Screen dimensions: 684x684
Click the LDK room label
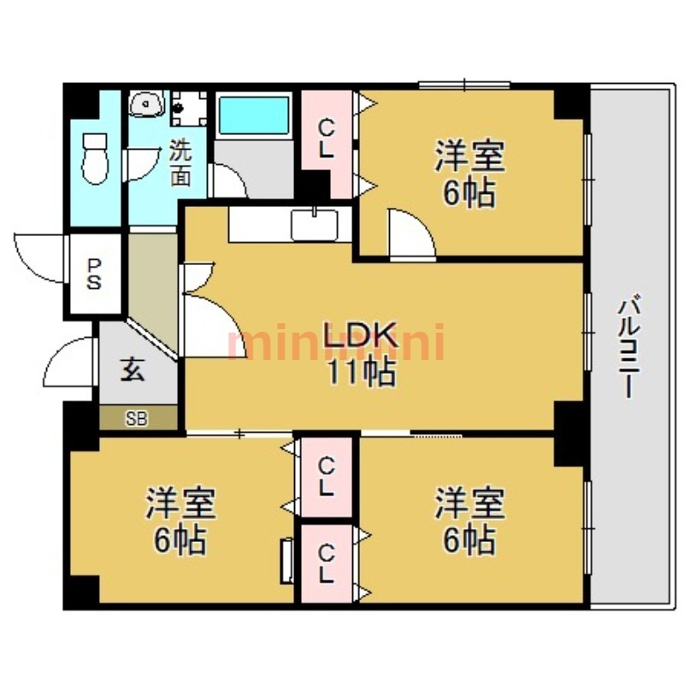pyautogui.click(x=361, y=335)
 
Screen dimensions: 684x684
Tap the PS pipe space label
pyautogui.click(x=94, y=274)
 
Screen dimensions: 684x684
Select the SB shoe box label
pyautogui.click(x=137, y=419)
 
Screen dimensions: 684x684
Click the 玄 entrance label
pyautogui.click(x=133, y=369)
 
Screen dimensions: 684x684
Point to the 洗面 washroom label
pyautogui.click(x=180, y=162)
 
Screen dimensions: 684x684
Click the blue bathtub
pyautogui.click(x=254, y=115)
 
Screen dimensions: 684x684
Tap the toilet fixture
pyautogui.click(x=95, y=158)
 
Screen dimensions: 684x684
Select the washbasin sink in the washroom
pyautogui.click(x=146, y=104)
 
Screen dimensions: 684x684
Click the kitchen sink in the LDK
pyautogui.click(x=315, y=224)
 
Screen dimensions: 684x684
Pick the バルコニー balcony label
pyautogui.click(x=629, y=347)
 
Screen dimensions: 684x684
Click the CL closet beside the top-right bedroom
pyautogui.click(x=327, y=139)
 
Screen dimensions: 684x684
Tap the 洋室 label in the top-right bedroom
pyautogui.click(x=469, y=156)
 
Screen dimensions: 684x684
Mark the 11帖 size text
pyautogui.click(x=362, y=372)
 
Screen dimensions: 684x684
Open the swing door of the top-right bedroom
pyautogui.click(x=413, y=234)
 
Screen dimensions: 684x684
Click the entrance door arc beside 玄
pyautogui.click(x=69, y=361)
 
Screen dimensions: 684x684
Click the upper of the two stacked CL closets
pyautogui.click(x=327, y=477)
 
